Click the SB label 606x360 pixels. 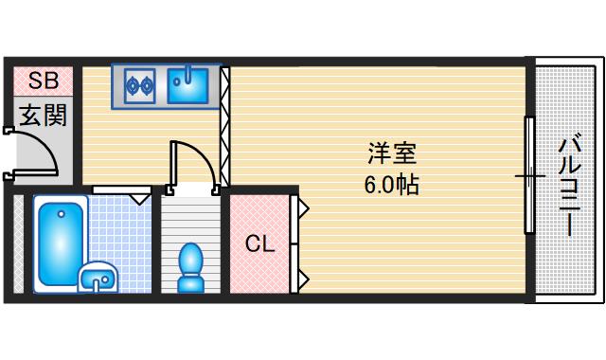click(43, 79)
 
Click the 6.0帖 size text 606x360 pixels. click(392, 183)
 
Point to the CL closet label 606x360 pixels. click(259, 244)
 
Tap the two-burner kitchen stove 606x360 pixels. click(141, 85)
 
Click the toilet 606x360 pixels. click(191, 266)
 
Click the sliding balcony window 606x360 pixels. click(529, 175)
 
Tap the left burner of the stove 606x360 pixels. click(134, 86)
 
